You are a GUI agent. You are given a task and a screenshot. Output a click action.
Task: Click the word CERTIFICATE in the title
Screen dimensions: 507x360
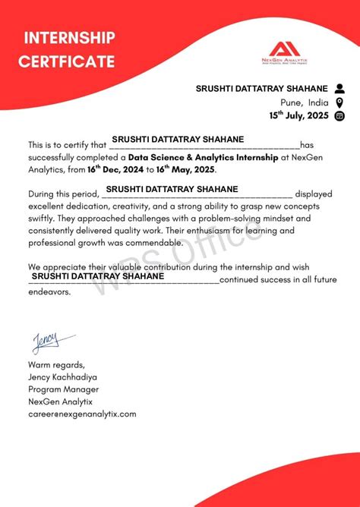point(68,61)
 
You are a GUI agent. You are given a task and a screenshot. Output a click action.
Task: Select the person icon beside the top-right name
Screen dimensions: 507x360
point(339,89)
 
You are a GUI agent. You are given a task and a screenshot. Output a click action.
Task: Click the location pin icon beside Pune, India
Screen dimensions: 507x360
point(339,102)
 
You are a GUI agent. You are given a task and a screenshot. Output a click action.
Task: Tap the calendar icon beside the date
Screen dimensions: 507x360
point(339,116)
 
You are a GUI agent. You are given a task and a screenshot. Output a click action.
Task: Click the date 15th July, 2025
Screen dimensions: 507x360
point(299,116)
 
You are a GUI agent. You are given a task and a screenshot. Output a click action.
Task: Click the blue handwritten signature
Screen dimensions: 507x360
point(51,342)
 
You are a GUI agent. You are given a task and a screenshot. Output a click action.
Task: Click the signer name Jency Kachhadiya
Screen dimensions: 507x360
point(62,376)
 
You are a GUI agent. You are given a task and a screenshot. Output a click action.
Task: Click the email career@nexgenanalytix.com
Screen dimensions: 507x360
point(82,414)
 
